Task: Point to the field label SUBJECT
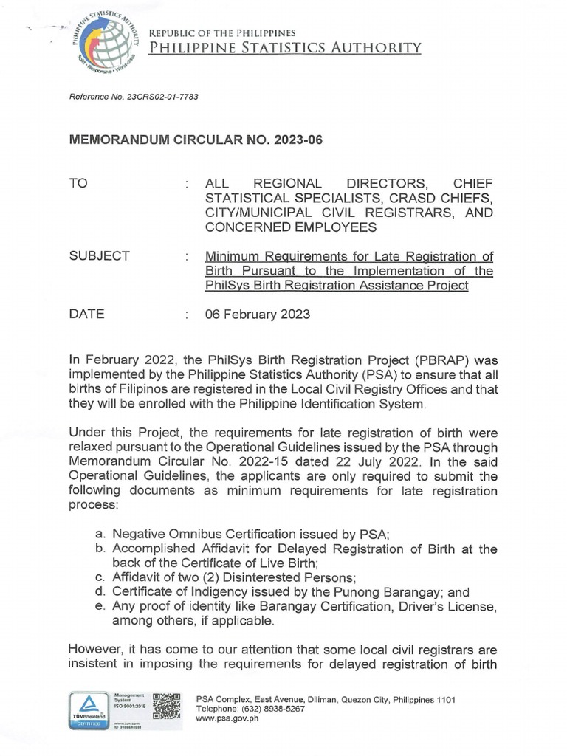pos(99,256)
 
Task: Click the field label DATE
pos(86,314)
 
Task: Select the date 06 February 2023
pos(258,314)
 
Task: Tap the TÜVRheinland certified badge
pos(88,711)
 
